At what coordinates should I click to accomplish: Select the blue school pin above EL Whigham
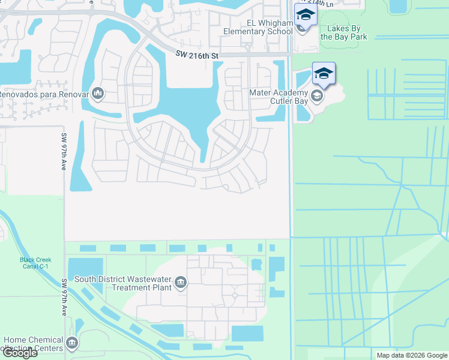tap(305, 14)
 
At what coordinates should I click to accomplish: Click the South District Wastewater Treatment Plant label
tap(123, 283)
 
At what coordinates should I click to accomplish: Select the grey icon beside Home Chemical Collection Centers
tap(72, 343)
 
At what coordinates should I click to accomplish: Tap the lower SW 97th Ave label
tap(64, 298)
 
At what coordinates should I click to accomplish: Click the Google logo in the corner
tap(19, 353)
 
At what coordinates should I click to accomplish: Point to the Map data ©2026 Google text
tap(411, 355)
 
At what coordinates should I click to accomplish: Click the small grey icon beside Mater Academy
tap(316, 95)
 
